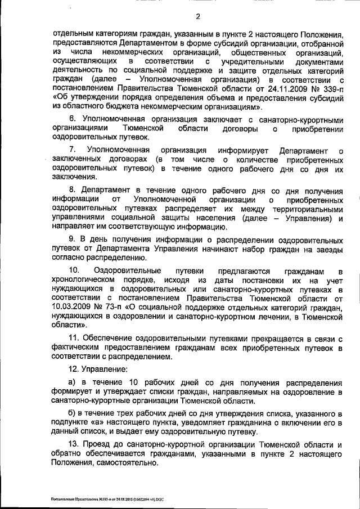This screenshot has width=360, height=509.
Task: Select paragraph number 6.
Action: pos(72,119)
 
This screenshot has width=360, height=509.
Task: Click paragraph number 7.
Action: pos(72,151)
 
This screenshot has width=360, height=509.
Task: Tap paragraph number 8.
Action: pos(72,191)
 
